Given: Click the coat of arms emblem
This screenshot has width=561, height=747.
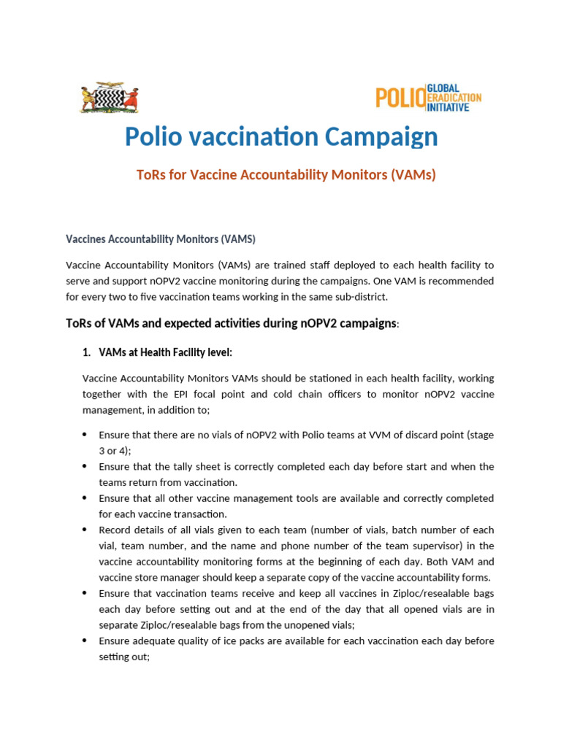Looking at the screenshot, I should pos(108,98).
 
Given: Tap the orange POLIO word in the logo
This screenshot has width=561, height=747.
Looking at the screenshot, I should pos(400,98).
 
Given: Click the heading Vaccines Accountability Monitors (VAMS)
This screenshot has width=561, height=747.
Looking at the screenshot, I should pos(161,239).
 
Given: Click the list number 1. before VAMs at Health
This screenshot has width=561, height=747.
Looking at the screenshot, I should pos(85,352).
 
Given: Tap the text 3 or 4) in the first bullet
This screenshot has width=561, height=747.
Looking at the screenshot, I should pos(115,451).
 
